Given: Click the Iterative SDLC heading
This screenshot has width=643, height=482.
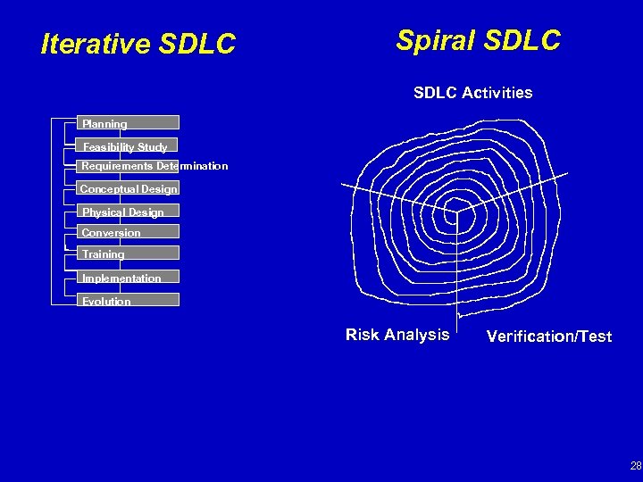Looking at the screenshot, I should (x=138, y=44).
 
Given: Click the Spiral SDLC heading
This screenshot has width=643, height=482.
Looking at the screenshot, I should (x=478, y=40).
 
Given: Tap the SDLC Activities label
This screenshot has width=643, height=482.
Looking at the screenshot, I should (x=472, y=93).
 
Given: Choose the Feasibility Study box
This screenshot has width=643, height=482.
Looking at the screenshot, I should (x=128, y=145).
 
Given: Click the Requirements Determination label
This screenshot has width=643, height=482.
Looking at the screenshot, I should (x=154, y=166).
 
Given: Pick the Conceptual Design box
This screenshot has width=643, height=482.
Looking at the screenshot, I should (x=128, y=188).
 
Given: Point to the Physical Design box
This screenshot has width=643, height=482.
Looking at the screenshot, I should (x=128, y=212).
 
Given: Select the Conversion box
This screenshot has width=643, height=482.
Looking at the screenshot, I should (x=128, y=232).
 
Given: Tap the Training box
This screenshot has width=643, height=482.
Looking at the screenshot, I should (x=128, y=253).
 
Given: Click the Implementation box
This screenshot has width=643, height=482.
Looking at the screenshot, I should (x=128, y=278).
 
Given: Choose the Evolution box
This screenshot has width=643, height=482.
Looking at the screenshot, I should (x=128, y=301).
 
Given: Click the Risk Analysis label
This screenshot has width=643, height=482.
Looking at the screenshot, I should (x=397, y=335).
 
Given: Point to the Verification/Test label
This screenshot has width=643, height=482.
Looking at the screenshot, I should (x=549, y=337).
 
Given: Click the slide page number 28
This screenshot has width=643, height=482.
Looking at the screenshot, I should (x=635, y=465).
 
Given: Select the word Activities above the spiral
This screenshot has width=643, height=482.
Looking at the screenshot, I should (x=497, y=93).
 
